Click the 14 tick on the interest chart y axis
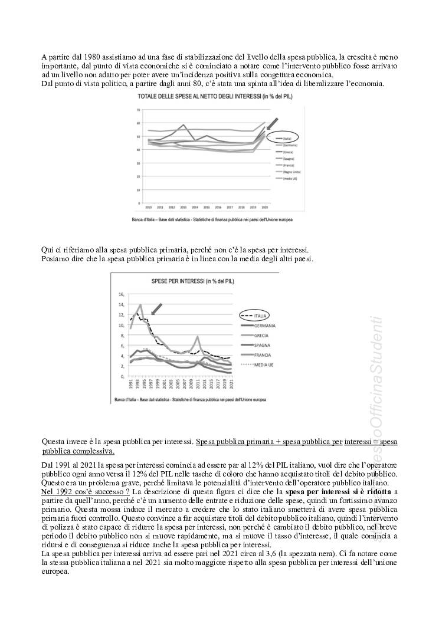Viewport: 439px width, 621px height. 122,305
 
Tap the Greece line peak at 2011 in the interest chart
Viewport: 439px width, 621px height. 197,337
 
